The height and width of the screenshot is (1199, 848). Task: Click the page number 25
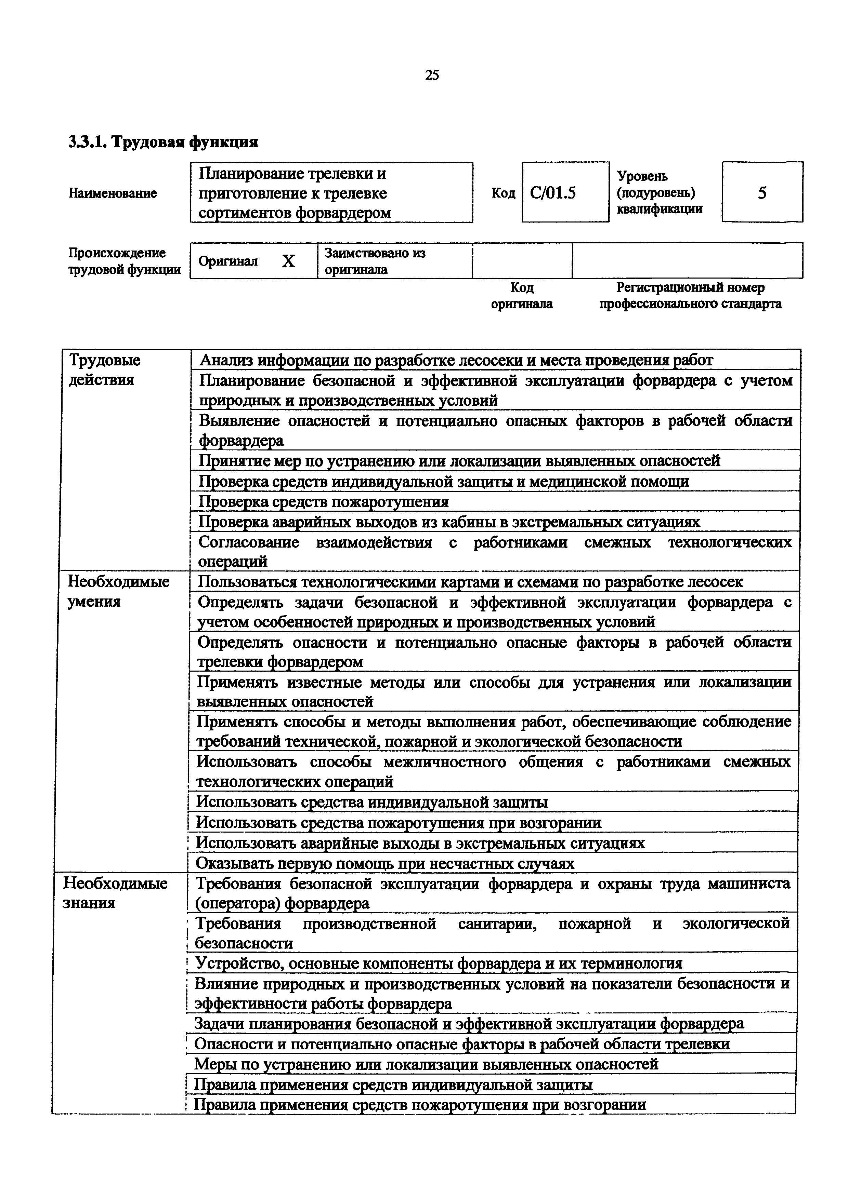pos(432,75)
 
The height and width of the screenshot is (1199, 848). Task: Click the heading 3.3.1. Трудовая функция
pos(163,142)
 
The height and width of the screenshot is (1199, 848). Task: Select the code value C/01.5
pos(553,193)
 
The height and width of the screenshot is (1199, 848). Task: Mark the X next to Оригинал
pos(288,261)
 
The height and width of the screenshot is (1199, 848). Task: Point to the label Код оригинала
pos(521,296)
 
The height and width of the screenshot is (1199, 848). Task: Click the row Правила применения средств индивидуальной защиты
pos(393,1085)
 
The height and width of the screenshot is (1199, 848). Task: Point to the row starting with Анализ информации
pos(456,360)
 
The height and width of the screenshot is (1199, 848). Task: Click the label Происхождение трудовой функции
pos(125,261)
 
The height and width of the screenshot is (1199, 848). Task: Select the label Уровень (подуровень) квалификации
pos(660,193)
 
